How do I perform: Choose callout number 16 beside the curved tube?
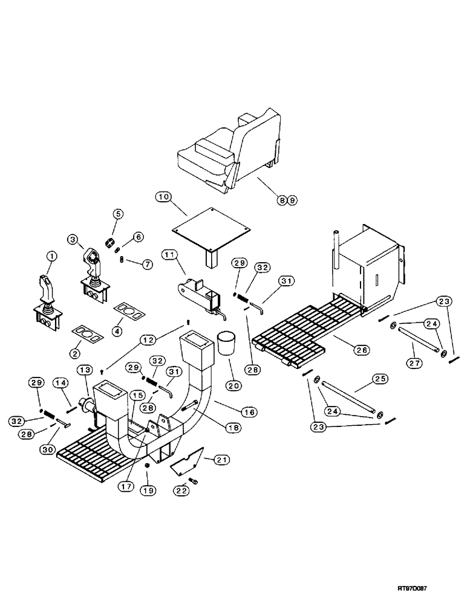coord(249,412)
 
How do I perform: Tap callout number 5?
coord(117,213)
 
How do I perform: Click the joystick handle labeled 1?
coord(47,290)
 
